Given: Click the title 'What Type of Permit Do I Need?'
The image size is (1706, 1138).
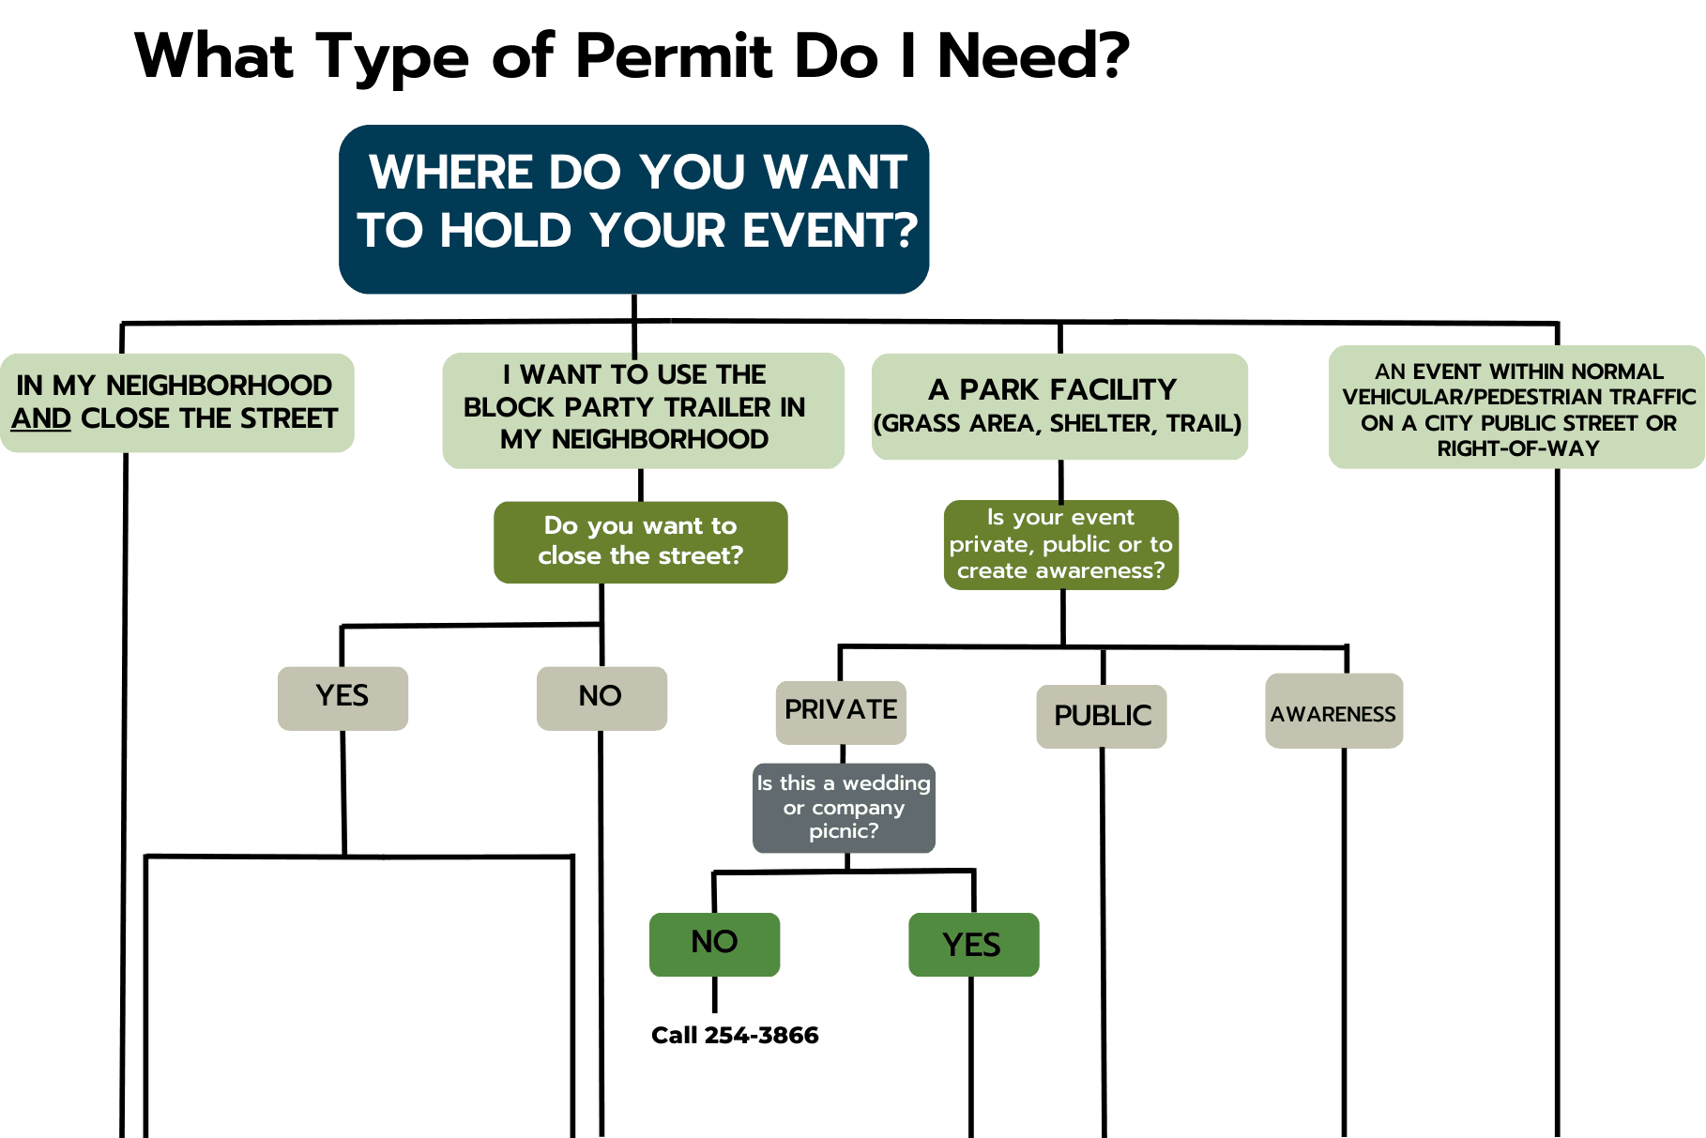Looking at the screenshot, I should [632, 56].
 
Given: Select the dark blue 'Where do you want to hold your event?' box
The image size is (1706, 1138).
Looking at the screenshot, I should [634, 208].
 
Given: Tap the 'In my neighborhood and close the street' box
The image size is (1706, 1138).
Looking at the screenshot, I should [176, 402].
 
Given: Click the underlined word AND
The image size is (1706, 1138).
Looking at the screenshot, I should [41, 418].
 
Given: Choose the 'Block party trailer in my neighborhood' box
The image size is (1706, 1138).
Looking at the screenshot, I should [643, 409].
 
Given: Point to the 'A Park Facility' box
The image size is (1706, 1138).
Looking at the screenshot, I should [1059, 405].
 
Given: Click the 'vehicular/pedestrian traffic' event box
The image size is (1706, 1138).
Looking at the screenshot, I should [1516, 406].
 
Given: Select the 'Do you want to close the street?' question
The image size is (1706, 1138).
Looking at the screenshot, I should [640, 541].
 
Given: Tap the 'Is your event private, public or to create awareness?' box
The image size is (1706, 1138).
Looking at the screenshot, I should [1060, 544].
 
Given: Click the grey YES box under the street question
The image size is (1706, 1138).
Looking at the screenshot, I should [343, 697].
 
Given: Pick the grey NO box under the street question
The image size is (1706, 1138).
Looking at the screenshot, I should [602, 697].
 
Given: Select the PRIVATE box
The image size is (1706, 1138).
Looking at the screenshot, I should [841, 710].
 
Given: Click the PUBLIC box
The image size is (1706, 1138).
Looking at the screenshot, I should [1102, 716].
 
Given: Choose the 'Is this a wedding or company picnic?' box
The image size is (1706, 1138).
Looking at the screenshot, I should [844, 807].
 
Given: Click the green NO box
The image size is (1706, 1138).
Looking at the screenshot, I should [714, 943].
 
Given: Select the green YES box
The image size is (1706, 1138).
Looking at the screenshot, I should [973, 945].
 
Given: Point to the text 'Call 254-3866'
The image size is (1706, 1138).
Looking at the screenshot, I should [735, 1035].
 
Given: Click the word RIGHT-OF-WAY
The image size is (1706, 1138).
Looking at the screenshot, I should [1517, 449].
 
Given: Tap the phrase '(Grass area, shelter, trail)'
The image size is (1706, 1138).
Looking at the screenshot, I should [1058, 424].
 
